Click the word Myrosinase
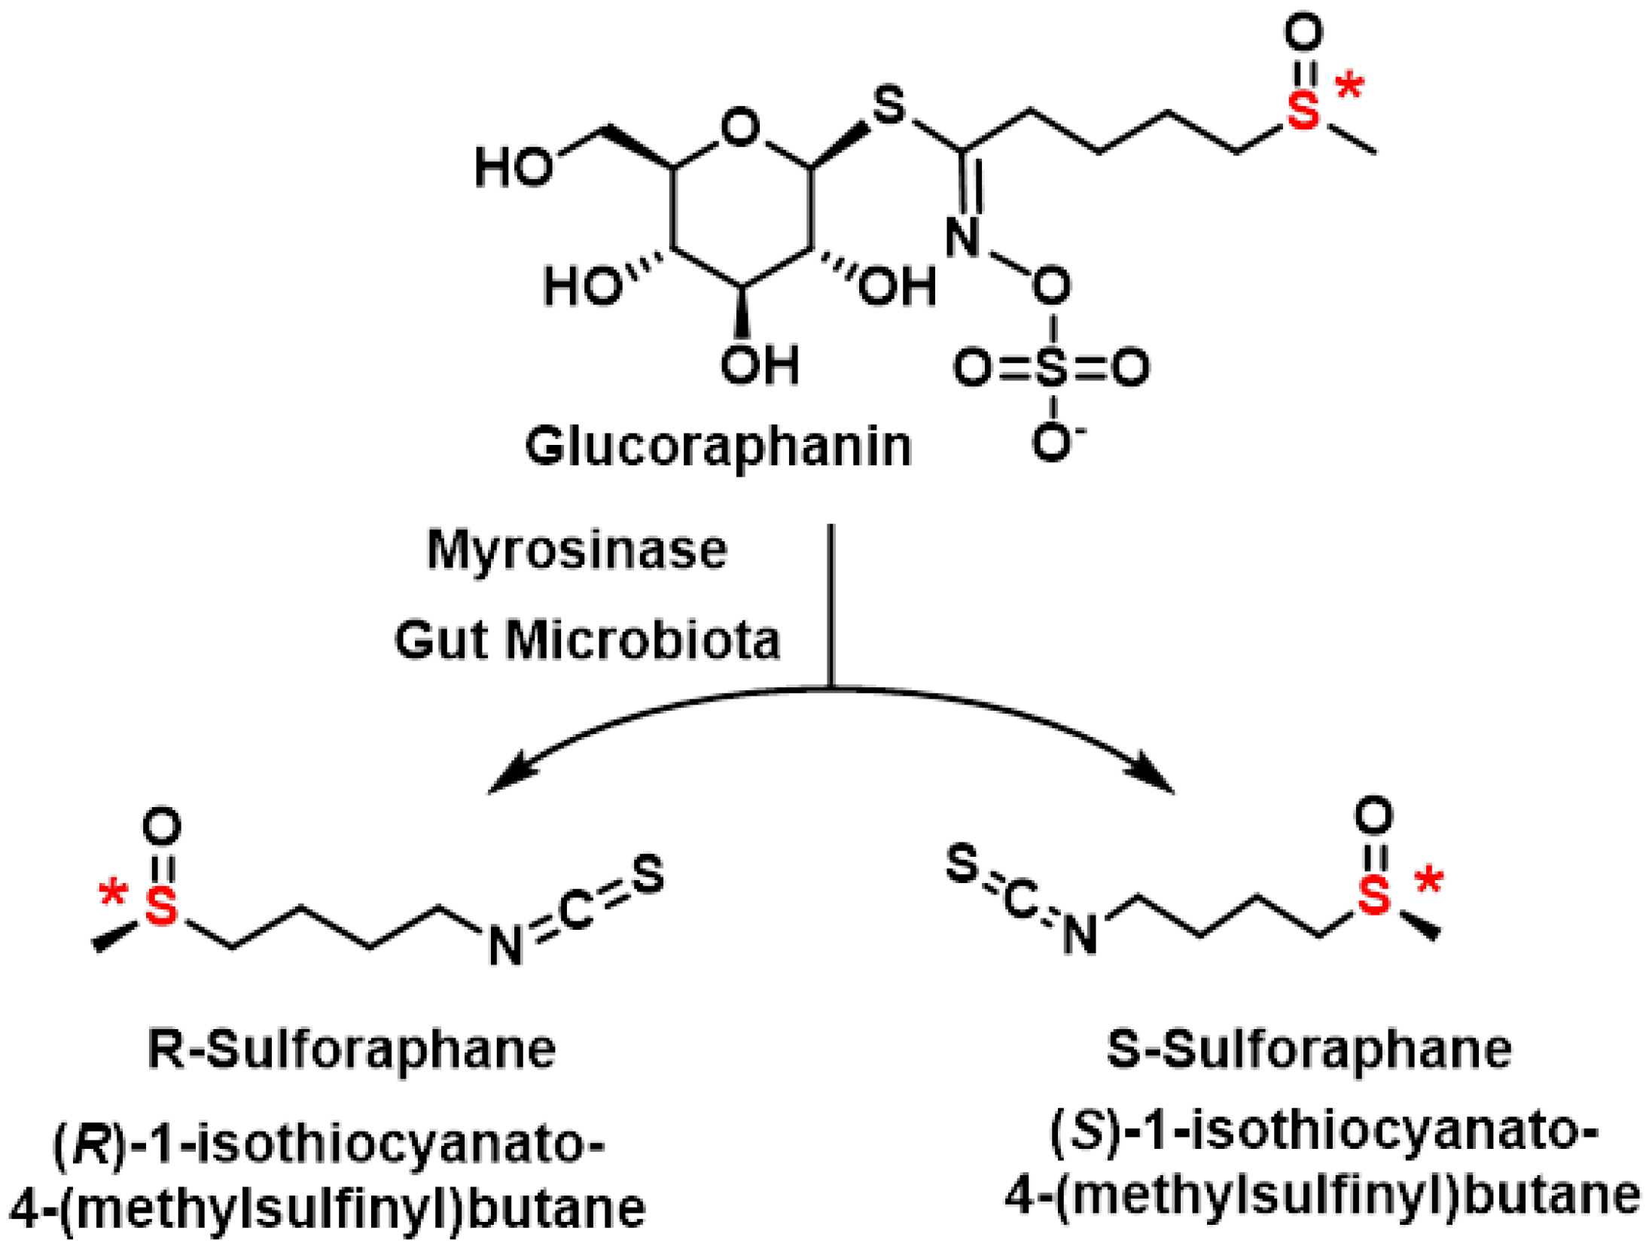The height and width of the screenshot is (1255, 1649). point(577,550)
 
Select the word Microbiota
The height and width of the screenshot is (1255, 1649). point(642,641)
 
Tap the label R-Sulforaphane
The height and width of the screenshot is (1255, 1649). point(351,1050)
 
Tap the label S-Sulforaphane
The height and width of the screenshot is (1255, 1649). point(1309,1050)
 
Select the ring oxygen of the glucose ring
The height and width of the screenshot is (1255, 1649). point(740,128)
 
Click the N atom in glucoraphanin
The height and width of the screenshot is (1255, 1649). point(962,237)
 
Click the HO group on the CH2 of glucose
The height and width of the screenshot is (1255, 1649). point(514,166)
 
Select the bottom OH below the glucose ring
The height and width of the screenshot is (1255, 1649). point(759,366)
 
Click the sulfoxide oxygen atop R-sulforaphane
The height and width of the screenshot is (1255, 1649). point(162,826)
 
